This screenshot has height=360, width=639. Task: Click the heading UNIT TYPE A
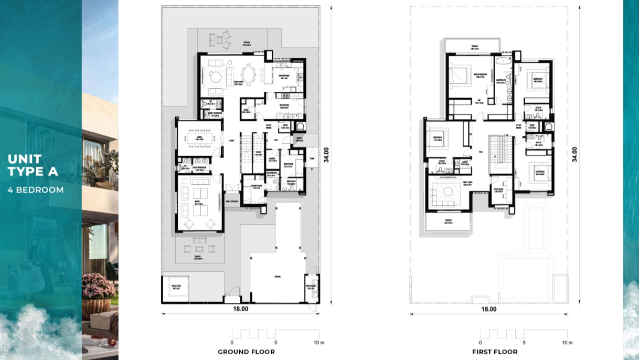(x=33, y=165)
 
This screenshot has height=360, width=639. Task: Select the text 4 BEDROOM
(x=35, y=190)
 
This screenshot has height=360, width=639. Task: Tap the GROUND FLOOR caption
(x=246, y=352)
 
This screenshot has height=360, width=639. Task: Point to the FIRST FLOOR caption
(x=495, y=352)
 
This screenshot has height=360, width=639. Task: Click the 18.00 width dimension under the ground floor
(x=240, y=309)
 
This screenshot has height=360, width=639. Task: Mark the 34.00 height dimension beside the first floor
(x=575, y=154)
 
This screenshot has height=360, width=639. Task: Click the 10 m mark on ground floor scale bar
(x=318, y=342)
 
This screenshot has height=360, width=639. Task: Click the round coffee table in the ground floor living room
(x=216, y=77)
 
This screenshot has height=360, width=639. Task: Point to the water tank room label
(x=176, y=285)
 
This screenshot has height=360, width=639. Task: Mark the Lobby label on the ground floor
(x=231, y=141)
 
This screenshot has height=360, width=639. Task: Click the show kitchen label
(x=284, y=76)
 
